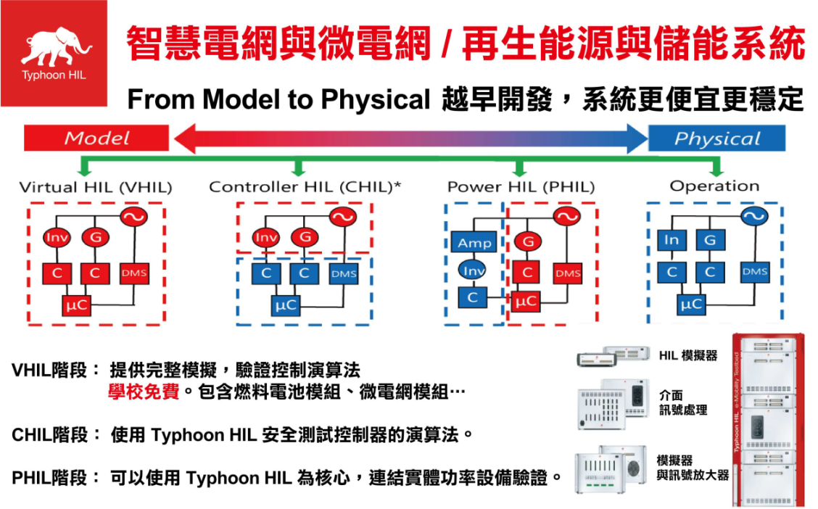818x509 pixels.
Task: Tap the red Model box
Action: [x=96, y=138]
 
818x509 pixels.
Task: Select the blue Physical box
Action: [x=716, y=138]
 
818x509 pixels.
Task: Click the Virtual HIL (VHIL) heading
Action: [x=96, y=187]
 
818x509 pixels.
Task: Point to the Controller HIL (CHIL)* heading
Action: [x=305, y=187]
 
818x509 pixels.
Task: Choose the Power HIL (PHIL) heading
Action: [x=521, y=187]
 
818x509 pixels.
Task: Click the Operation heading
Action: [x=714, y=186]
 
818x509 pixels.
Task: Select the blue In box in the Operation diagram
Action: [x=672, y=240]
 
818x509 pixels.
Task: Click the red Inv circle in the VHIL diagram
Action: [x=57, y=237]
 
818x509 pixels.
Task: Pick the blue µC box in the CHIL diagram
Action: [x=286, y=305]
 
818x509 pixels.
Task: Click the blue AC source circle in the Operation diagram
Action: [x=753, y=215]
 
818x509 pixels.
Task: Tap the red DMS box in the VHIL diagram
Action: [x=133, y=273]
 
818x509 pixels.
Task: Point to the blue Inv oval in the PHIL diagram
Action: [x=473, y=270]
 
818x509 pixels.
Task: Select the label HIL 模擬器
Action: [x=688, y=355]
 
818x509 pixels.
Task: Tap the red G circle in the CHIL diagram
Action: [x=305, y=237]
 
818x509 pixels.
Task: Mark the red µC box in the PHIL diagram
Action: [x=526, y=300]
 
